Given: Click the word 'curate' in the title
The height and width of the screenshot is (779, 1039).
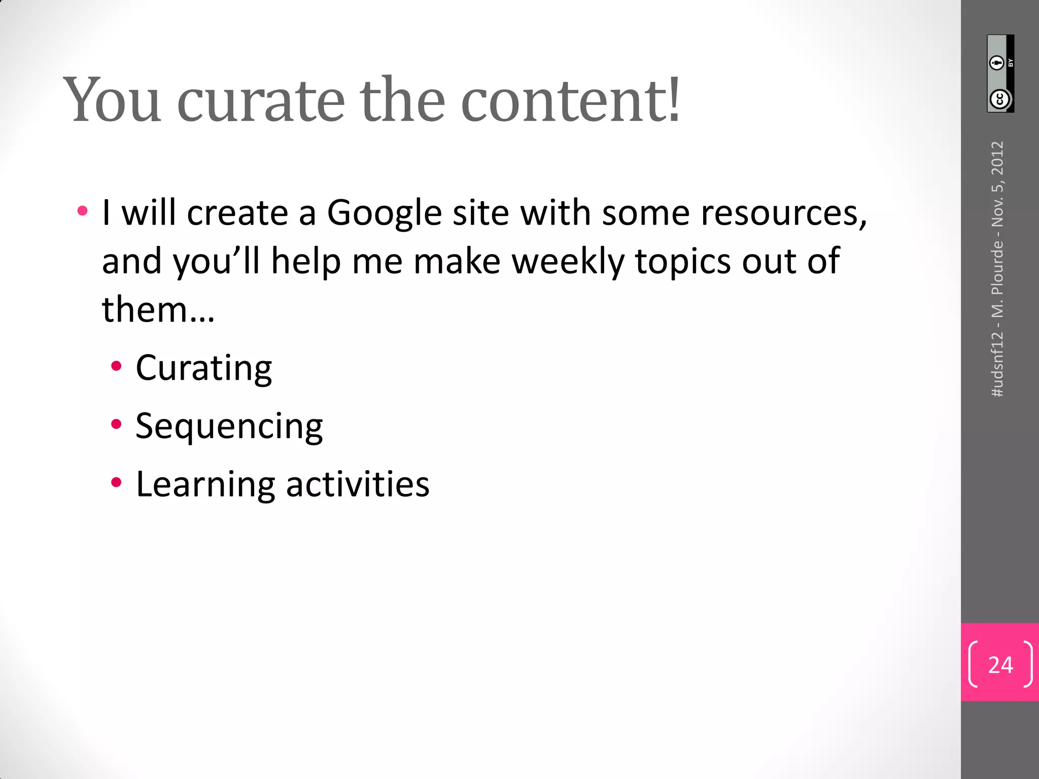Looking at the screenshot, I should pos(261,100).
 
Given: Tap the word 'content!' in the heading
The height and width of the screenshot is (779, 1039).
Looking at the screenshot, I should pos(570,100).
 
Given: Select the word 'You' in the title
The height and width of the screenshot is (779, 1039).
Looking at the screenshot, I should pos(113,100).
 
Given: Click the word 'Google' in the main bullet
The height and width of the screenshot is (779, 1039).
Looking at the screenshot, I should pos(384,213).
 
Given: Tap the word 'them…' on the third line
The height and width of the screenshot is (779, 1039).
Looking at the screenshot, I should pos(158,309).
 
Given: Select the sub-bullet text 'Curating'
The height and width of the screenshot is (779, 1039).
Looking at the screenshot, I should pos(204,368).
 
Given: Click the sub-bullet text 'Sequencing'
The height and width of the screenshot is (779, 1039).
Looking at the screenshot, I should pos(229,426).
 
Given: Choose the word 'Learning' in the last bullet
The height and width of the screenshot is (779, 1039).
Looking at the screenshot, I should pos(205,484).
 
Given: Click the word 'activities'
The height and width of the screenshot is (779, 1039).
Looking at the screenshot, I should pos(358,484).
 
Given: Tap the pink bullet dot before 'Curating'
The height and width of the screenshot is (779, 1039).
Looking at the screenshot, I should pos(117,366).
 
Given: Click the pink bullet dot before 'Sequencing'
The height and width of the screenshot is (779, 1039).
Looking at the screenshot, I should pos(117,424).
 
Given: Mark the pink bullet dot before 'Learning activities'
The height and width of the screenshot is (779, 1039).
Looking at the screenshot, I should pos(117,482).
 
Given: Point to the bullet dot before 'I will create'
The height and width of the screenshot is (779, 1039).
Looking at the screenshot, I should pos(83,210).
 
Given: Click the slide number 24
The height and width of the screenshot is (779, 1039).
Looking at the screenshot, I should pos(1000,664).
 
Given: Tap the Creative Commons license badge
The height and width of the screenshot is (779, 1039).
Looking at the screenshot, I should pos(1000,74).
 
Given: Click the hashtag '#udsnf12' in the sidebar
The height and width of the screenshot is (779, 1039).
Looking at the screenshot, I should pos(997,364).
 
